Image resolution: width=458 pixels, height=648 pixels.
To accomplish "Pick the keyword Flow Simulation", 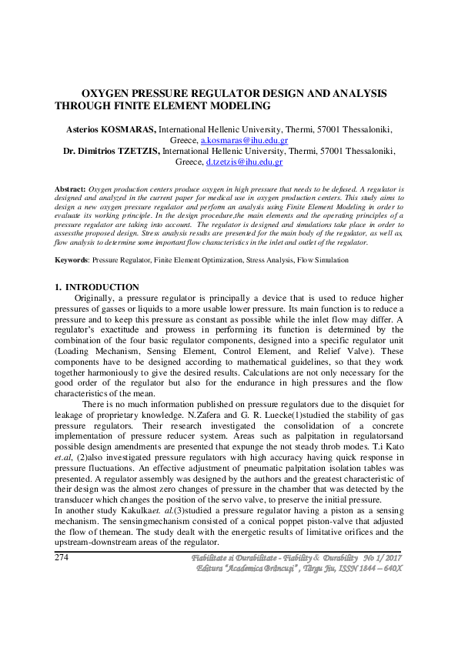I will (323, 261).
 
